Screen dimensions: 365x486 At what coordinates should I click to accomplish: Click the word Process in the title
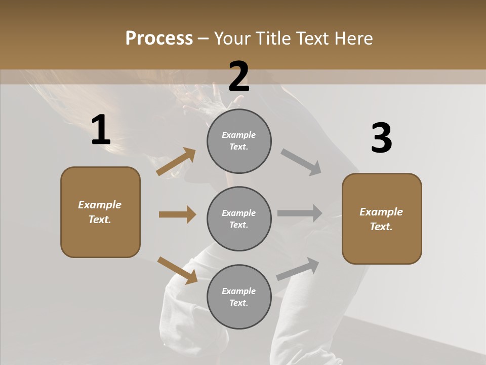coord(159,39)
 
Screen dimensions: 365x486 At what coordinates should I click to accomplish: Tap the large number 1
coord(101,130)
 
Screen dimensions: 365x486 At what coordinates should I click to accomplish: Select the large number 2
coord(239,77)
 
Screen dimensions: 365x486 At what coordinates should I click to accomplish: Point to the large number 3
coord(381,138)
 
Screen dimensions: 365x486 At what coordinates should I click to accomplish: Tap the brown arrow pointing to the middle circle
coord(177,214)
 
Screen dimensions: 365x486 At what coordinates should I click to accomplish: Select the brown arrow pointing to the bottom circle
coord(178,270)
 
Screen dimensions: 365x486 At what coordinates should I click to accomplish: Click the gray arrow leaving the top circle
coord(301,162)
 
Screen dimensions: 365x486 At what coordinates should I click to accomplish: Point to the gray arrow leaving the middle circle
coord(300,213)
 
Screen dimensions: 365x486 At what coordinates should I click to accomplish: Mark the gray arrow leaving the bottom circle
coord(298,269)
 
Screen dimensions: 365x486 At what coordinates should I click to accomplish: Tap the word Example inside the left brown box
coord(100,205)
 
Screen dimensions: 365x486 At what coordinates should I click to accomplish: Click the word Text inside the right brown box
coord(381,227)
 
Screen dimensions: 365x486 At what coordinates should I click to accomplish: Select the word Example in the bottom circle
coord(238,291)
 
